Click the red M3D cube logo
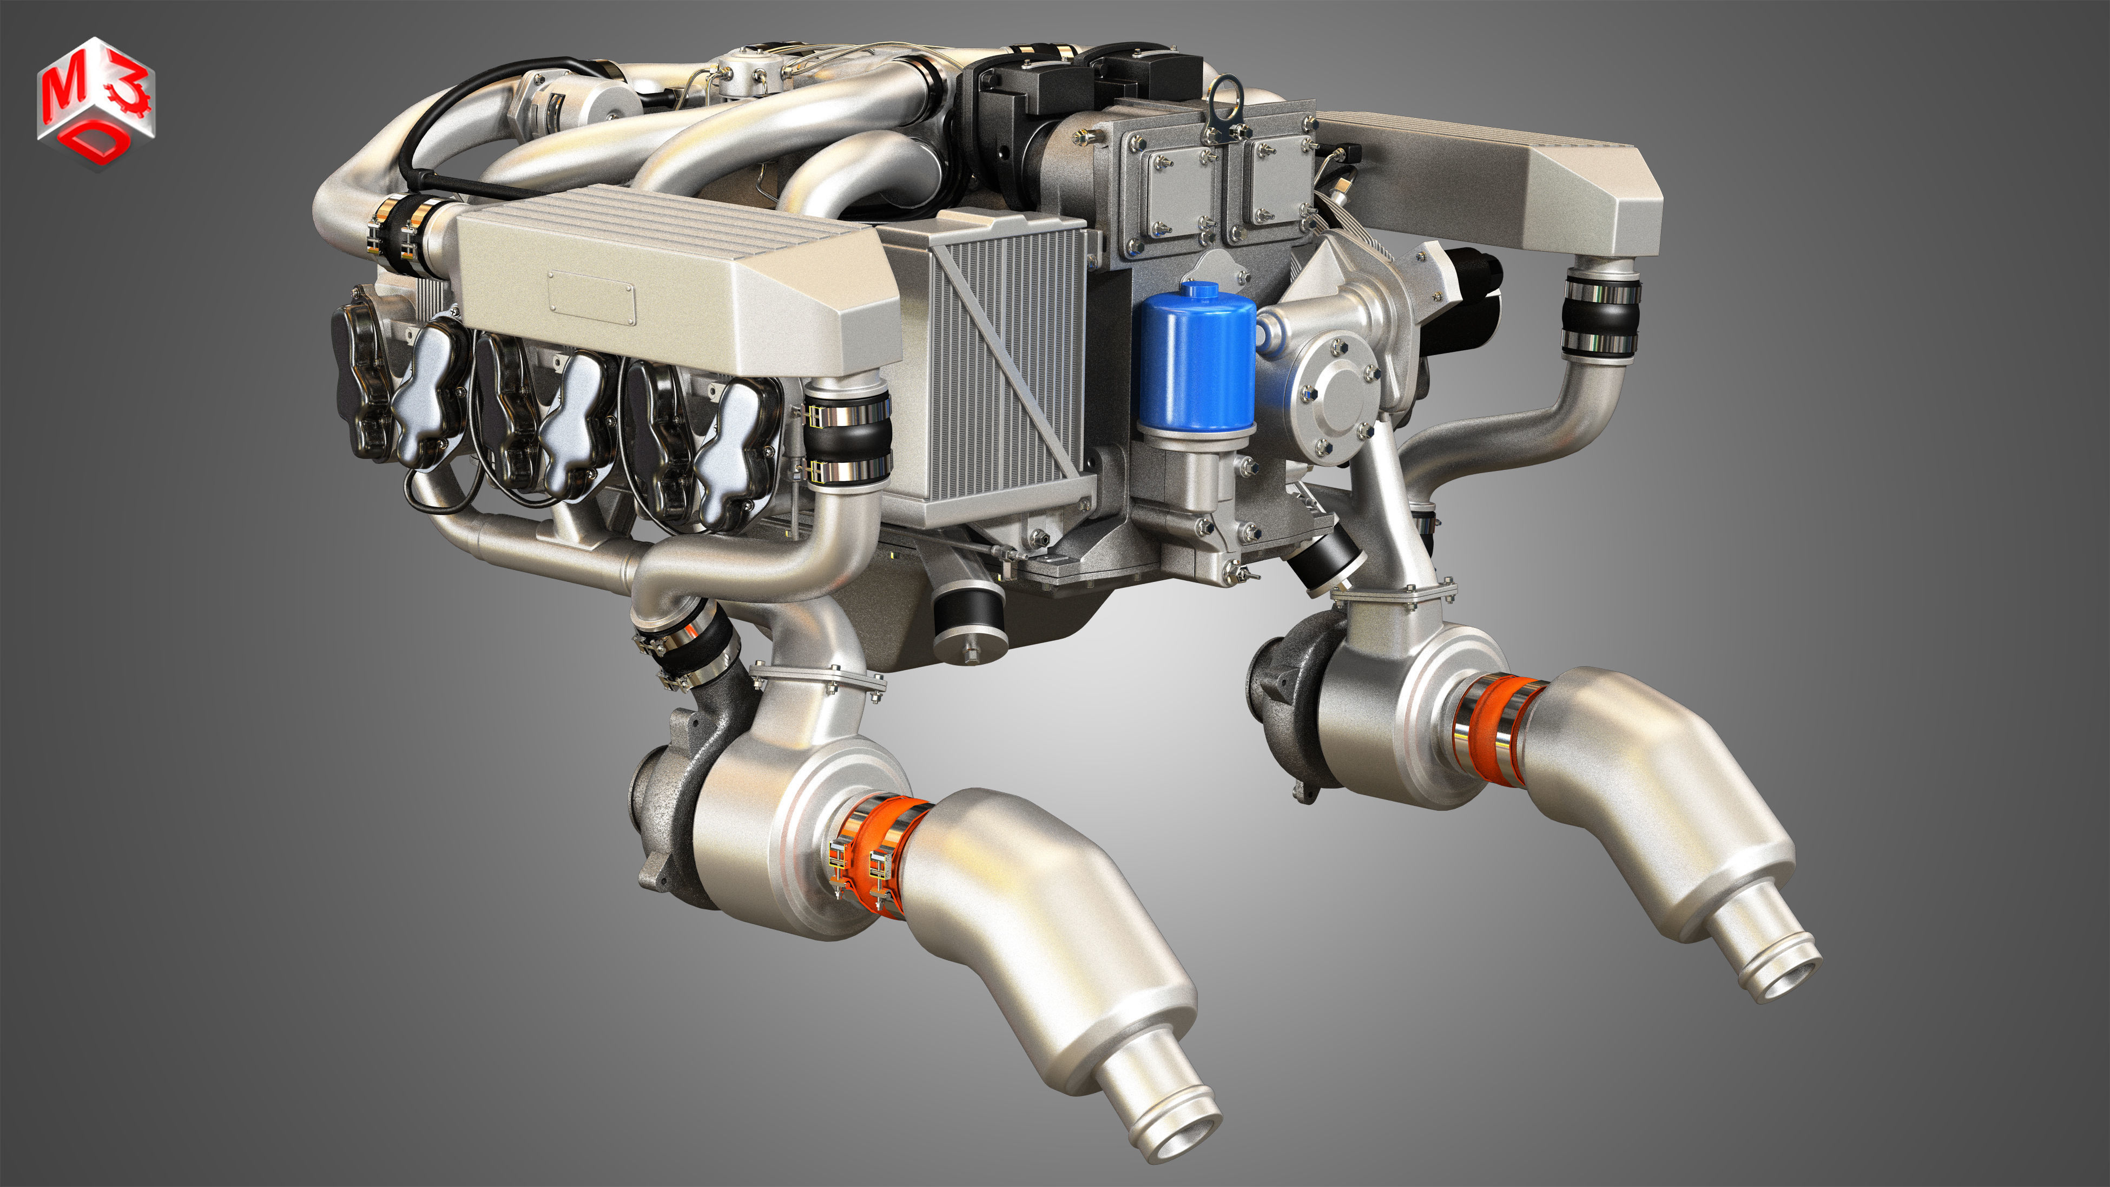click(96, 103)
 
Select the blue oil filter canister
click(1197, 358)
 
